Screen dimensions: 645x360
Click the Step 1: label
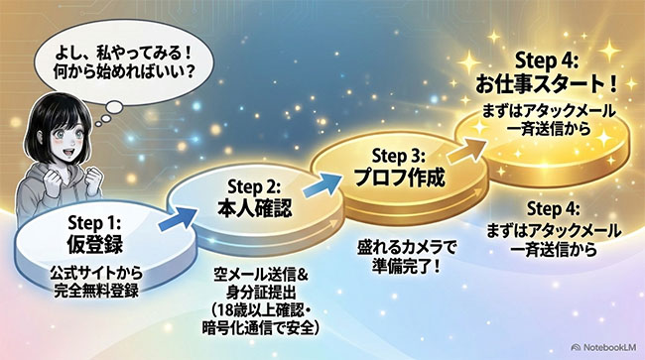click(94, 223)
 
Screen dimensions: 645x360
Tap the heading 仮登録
click(94, 244)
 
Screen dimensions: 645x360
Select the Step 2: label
click(254, 187)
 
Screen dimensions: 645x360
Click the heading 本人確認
click(255, 208)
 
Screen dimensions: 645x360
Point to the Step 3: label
click(399, 156)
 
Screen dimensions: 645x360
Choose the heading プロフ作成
click(399, 178)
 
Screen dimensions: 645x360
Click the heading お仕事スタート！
click(547, 84)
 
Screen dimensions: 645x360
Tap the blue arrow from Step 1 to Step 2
click(177, 218)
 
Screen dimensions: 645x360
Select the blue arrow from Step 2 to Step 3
click(322, 184)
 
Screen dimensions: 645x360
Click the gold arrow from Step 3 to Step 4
click(467, 150)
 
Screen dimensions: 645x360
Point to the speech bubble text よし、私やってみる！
click(124, 54)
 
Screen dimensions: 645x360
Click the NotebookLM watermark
click(604, 347)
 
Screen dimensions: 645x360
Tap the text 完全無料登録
click(96, 291)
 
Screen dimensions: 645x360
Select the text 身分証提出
click(261, 293)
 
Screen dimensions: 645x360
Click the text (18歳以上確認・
click(261, 310)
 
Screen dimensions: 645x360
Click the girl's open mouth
click(66, 155)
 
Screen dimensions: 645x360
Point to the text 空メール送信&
click(261, 275)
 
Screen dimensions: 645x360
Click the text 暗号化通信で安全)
click(261, 328)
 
